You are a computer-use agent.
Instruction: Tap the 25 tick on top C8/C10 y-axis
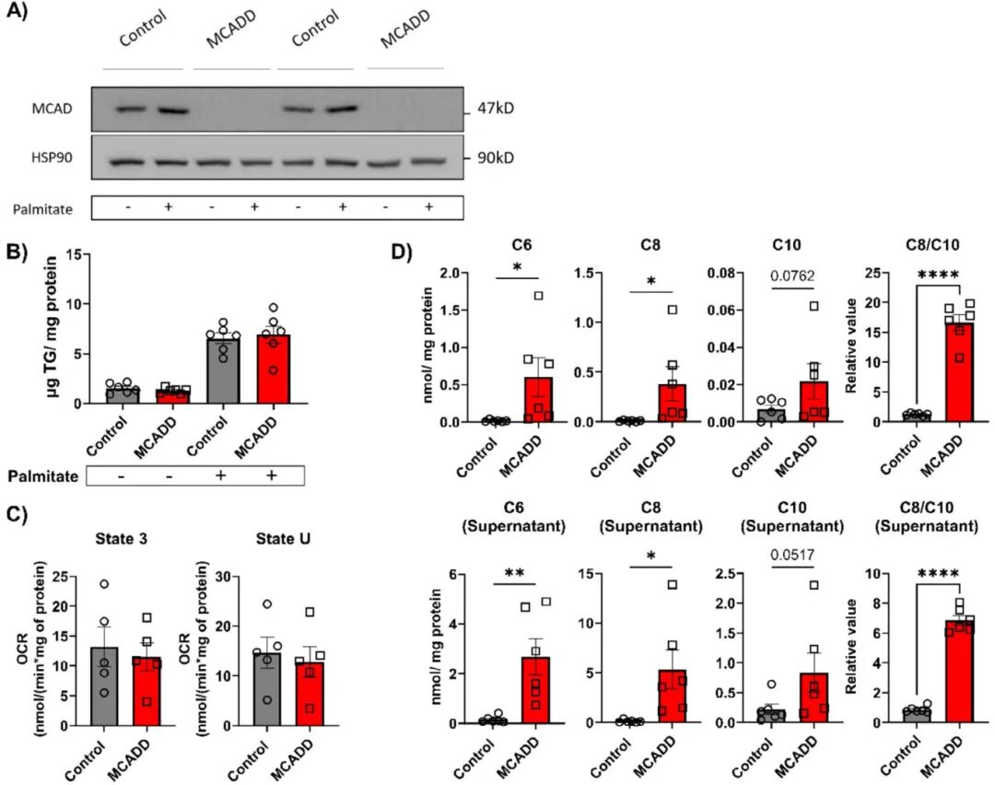[874, 273]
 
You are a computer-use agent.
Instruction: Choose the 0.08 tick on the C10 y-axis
[719, 273]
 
